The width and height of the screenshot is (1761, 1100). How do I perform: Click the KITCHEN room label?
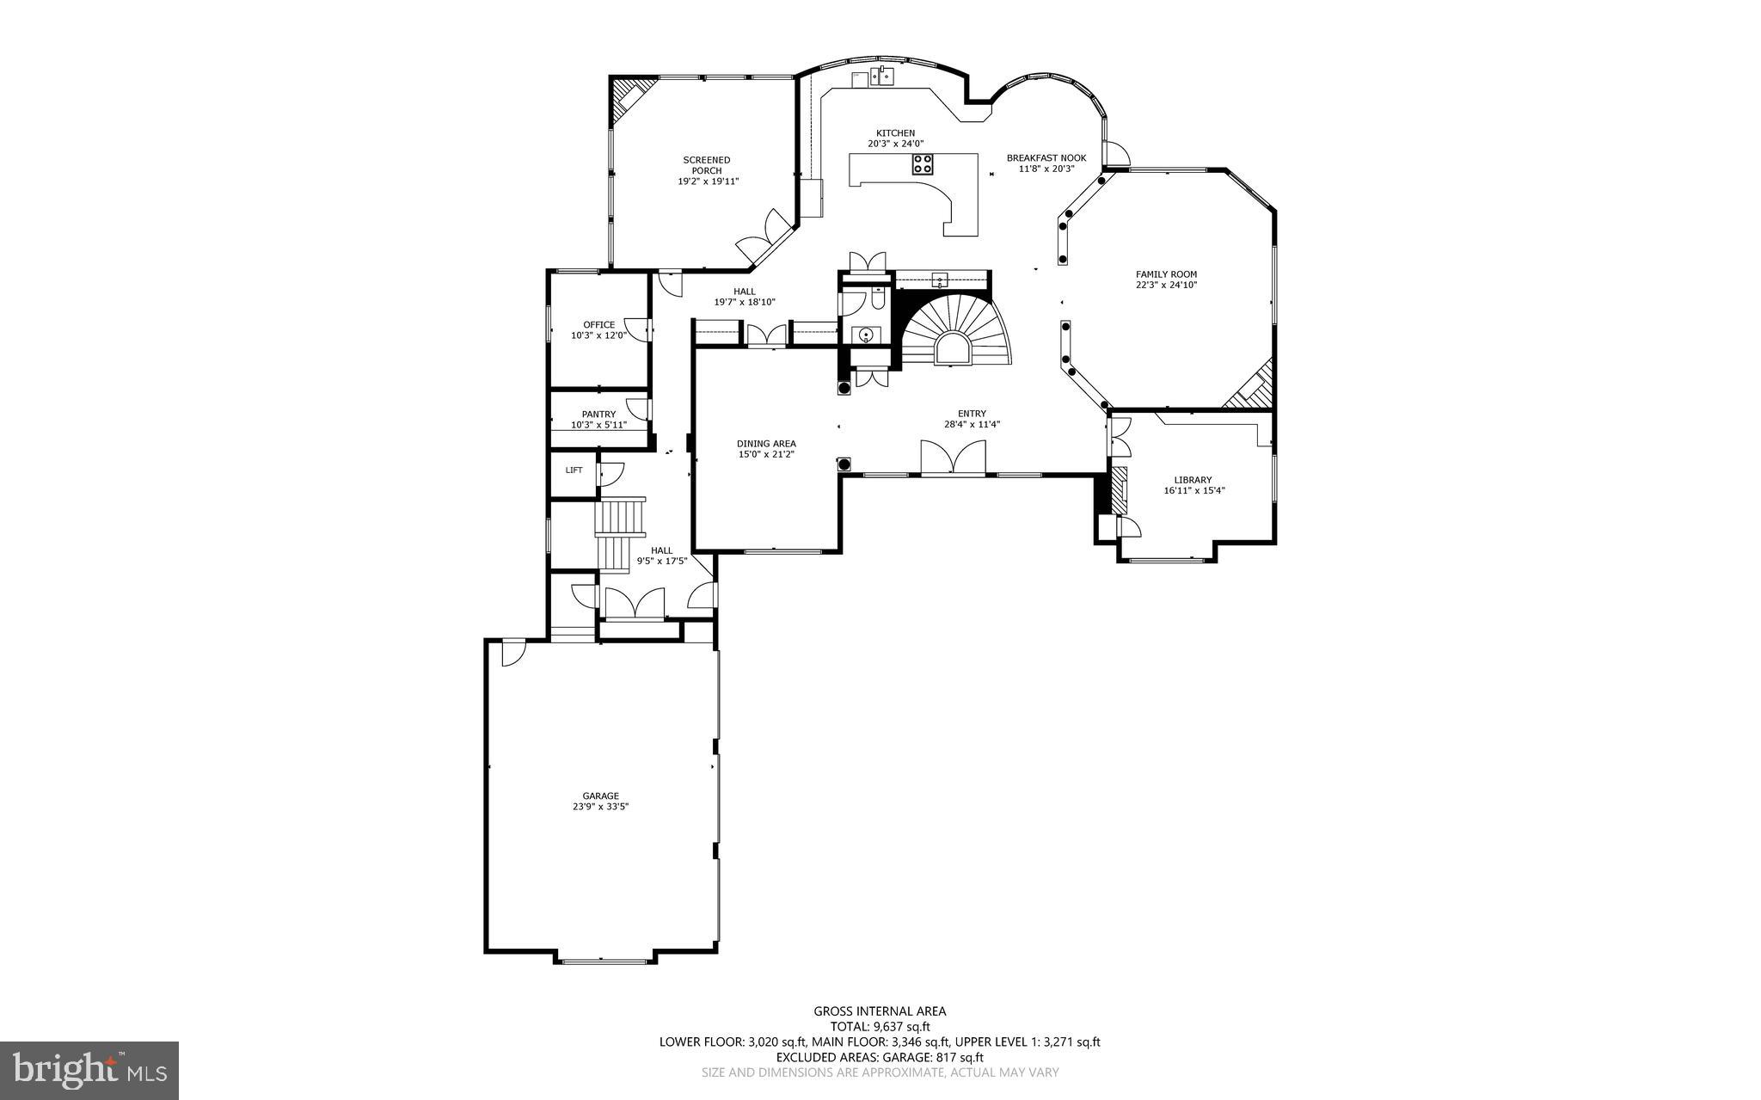[895, 133]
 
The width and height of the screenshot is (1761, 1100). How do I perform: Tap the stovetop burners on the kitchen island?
[923, 164]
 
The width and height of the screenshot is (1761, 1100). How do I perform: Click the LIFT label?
[574, 470]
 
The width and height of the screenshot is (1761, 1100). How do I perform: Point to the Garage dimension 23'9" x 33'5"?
[600, 807]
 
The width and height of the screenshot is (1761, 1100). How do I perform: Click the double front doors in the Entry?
[953, 458]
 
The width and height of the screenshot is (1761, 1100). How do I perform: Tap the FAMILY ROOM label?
[1166, 274]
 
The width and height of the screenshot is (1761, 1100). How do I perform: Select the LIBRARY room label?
[1193, 480]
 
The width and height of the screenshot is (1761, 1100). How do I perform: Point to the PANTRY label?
[598, 415]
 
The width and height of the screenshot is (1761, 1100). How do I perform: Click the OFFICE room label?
[598, 325]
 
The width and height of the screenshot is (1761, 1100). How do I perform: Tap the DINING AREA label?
[766, 444]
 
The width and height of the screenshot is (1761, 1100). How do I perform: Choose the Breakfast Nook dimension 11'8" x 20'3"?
[1046, 169]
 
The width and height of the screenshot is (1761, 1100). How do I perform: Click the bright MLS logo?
[89, 1070]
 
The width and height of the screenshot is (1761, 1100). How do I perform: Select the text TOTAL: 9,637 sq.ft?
[880, 1026]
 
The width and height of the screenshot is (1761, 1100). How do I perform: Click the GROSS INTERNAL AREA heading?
[880, 1011]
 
